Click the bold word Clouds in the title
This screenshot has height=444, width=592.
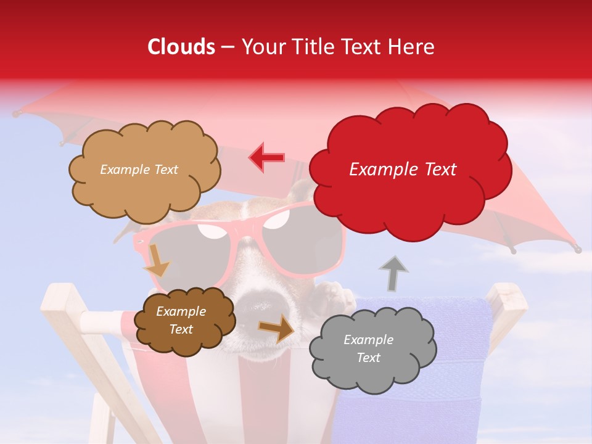click(181, 47)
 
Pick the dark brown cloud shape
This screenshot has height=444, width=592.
click(184, 320)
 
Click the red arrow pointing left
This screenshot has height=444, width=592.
click(267, 157)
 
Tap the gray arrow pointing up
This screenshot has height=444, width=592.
click(393, 273)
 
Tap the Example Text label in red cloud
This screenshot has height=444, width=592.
click(403, 170)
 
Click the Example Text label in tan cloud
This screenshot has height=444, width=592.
click(139, 170)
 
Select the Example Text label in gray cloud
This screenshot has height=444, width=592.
click(368, 348)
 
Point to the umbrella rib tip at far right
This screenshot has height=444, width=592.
click(577, 249)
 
